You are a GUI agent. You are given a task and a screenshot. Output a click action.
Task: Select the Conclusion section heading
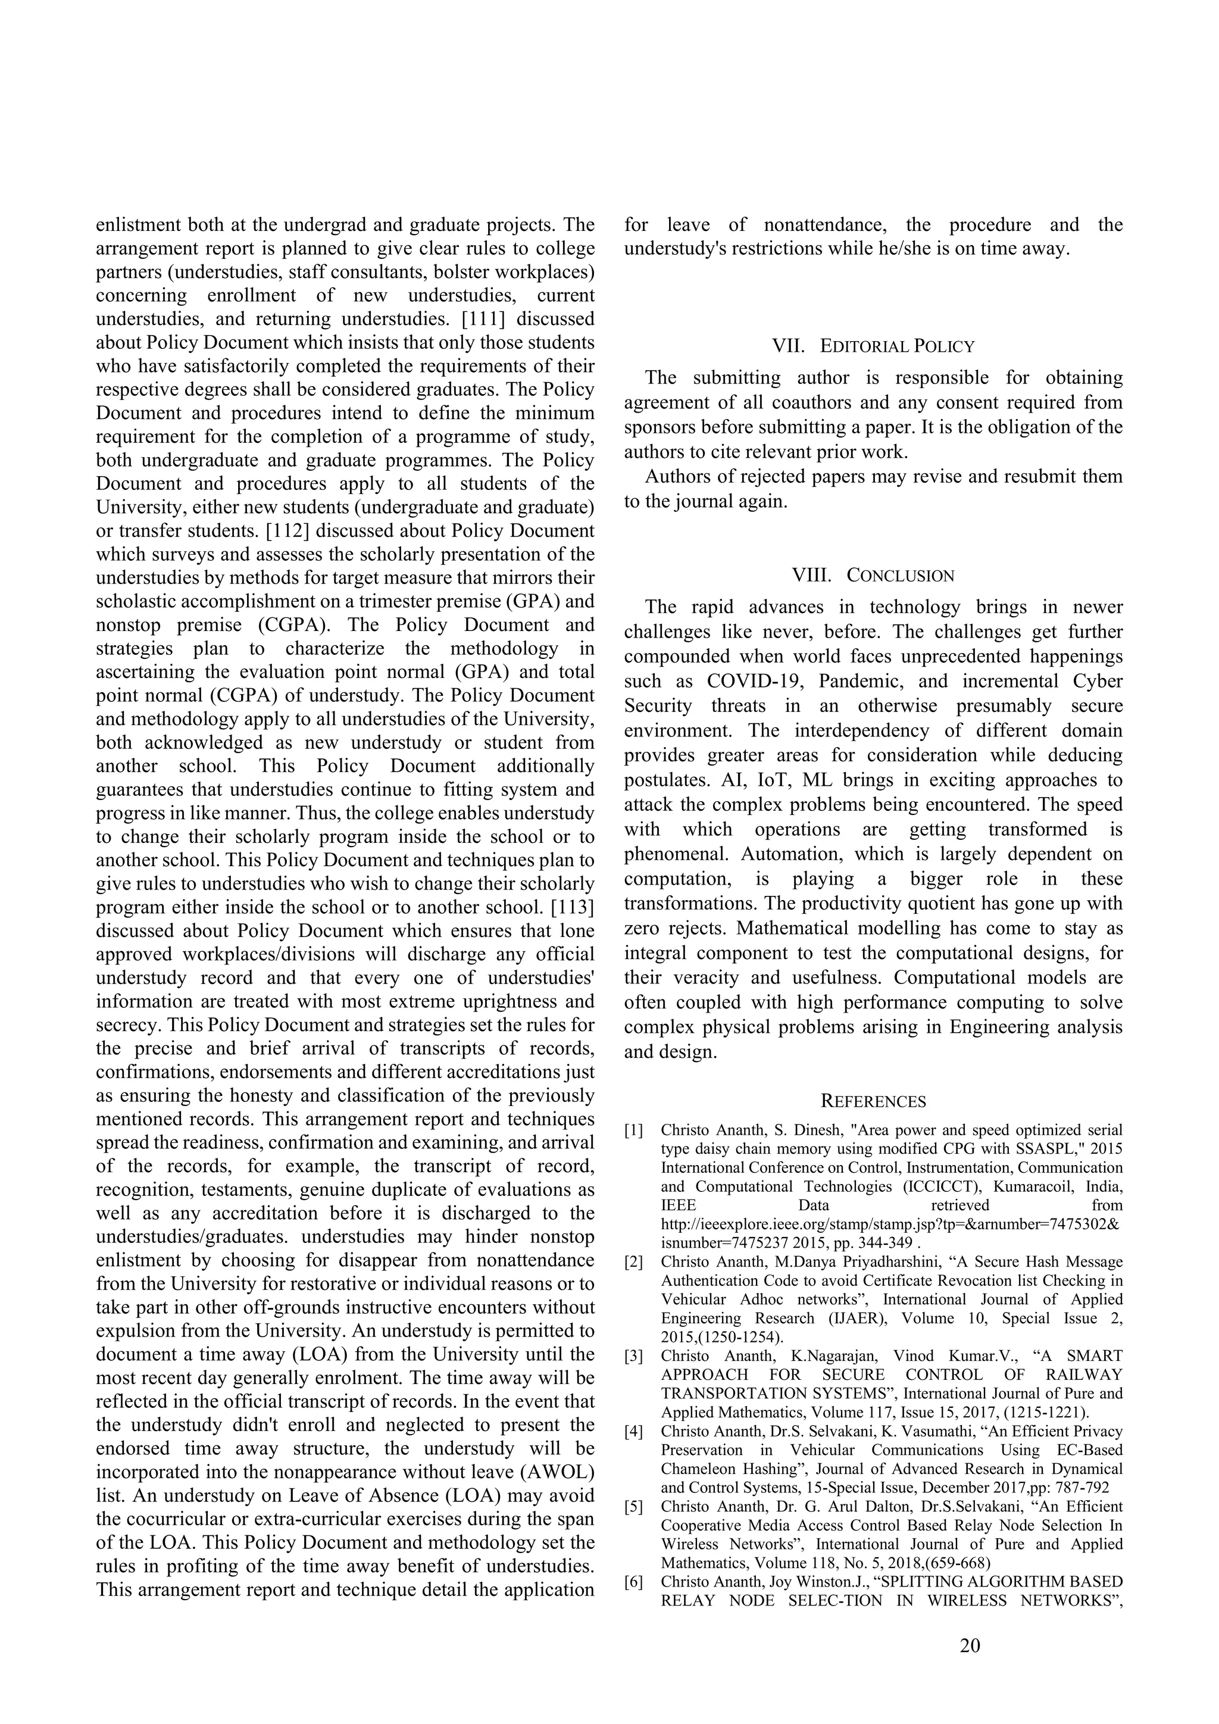tap(900, 575)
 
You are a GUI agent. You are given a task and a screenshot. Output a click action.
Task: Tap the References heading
tap(873, 1101)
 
